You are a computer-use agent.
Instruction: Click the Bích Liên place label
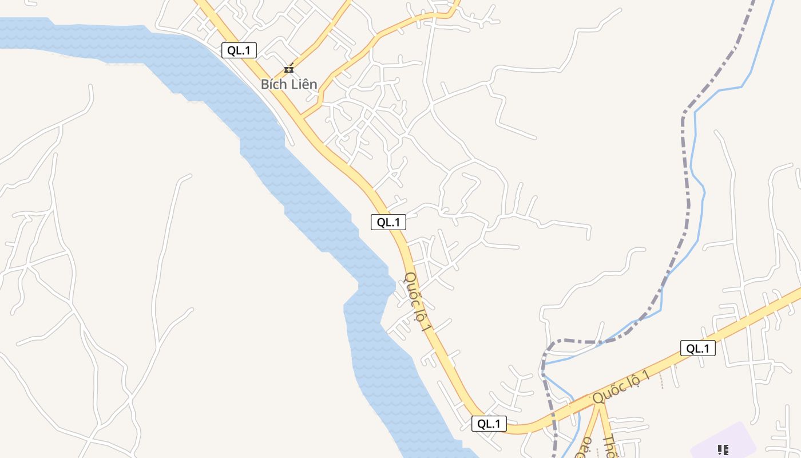(x=289, y=84)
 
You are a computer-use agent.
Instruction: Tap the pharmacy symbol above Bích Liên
(x=290, y=69)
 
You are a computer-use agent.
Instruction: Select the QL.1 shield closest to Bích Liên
(x=239, y=50)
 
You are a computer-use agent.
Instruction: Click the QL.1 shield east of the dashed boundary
(x=698, y=348)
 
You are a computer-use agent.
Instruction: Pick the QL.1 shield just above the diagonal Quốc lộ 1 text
(x=388, y=222)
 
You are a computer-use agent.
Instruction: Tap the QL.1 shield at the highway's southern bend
(x=489, y=424)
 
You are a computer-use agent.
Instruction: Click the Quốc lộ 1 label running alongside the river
(x=418, y=302)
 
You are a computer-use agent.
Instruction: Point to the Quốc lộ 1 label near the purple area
(x=621, y=386)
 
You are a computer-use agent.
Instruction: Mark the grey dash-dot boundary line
(x=685, y=172)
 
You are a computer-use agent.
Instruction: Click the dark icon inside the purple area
(x=723, y=450)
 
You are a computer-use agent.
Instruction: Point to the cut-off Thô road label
(x=610, y=447)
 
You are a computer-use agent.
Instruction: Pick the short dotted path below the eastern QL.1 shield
(x=663, y=379)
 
